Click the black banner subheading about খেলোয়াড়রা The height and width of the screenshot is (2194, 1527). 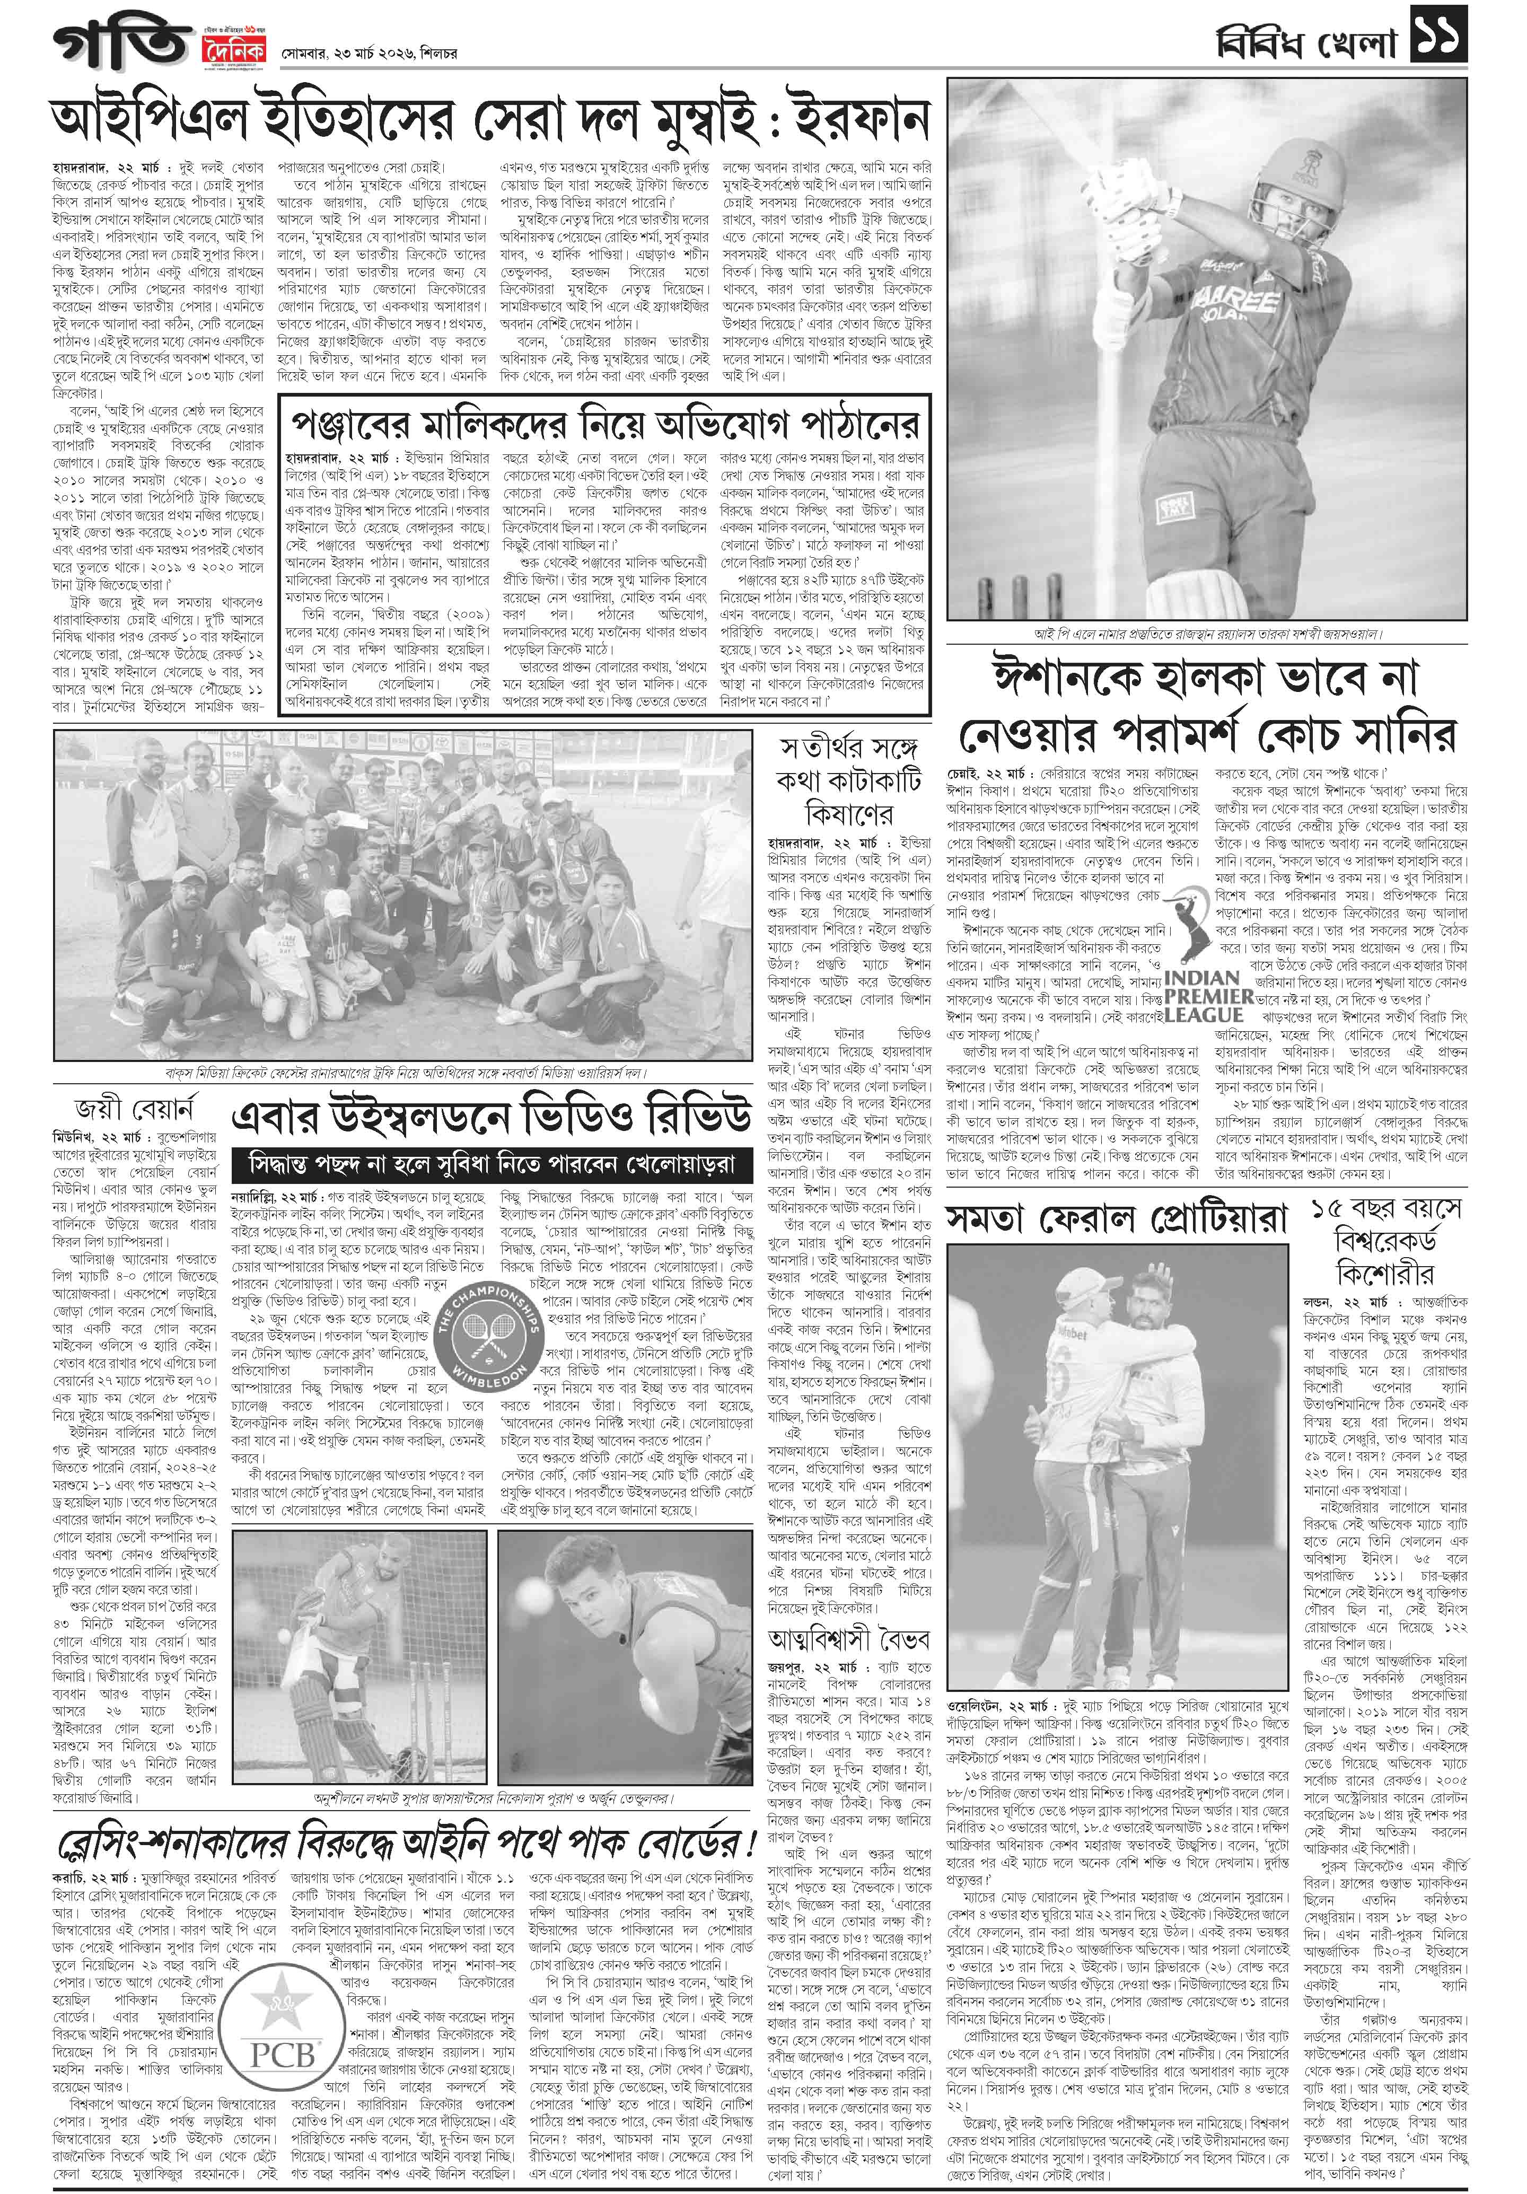(x=491, y=1165)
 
